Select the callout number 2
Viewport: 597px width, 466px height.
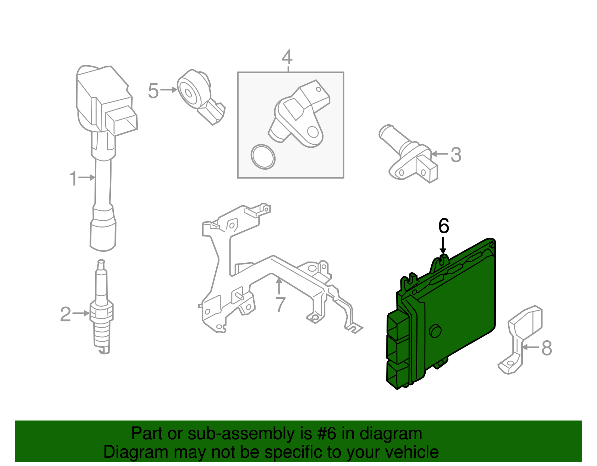[65, 314]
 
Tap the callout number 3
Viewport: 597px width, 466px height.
[456, 155]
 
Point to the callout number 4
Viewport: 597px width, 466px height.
[287, 57]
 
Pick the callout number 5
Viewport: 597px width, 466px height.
[153, 91]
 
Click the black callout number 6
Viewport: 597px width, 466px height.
[443, 226]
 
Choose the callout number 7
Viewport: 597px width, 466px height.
[280, 304]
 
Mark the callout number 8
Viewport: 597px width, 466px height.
[546, 348]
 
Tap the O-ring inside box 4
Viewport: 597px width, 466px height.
[263, 157]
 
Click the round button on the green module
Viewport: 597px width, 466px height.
[435, 331]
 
